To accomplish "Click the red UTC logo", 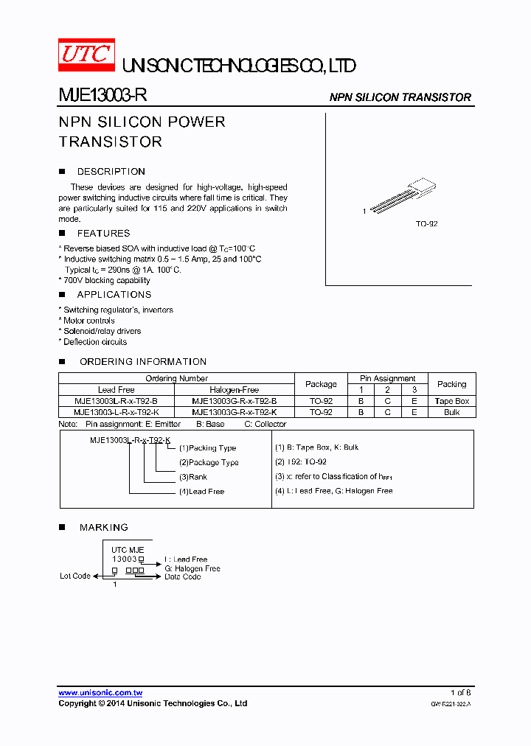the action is (86, 55).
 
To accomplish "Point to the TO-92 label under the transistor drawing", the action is (426, 223).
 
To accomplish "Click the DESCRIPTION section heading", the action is (111, 172).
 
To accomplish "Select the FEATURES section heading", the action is (103, 234).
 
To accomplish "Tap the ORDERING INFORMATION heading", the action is (143, 362).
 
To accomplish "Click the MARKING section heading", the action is (104, 528).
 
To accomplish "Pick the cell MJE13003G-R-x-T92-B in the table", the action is (235, 401).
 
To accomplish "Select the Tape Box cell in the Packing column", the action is (451, 401).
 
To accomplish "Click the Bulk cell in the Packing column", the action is (451, 412).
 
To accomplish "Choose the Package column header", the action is (321, 384).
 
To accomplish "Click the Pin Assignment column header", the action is (387, 378).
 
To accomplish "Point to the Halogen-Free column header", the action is (235, 389).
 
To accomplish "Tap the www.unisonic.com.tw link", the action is (100, 693).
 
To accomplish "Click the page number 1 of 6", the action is (460, 693).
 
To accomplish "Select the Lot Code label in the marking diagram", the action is (75, 576).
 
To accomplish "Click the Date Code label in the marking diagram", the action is (182, 576).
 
